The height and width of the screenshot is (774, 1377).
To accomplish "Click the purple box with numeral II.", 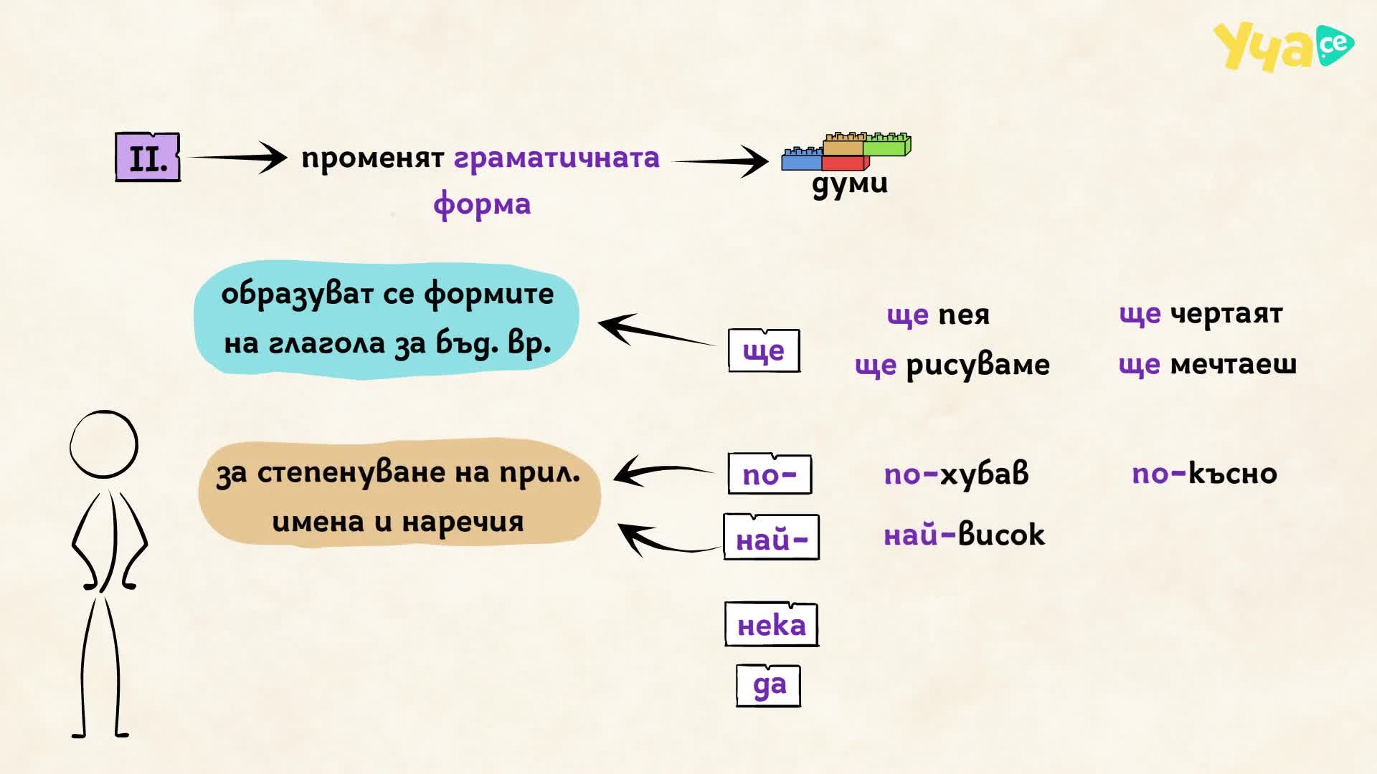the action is (x=148, y=157).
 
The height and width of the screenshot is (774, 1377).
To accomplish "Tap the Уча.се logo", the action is (x=1283, y=47).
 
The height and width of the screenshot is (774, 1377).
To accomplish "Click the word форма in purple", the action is (x=482, y=204).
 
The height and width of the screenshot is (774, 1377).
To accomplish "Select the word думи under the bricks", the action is (x=850, y=183).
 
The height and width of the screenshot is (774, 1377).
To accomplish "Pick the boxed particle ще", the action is (x=764, y=350).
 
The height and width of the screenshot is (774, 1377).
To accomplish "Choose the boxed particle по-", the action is (x=770, y=474).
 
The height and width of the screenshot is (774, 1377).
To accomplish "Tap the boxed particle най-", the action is (x=772, y=537).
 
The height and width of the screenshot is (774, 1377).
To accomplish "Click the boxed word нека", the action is (x=772, y=624).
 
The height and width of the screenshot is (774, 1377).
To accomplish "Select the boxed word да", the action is (x=769, y=685).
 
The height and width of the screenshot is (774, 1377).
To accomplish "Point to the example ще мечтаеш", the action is (x=1208, y=365).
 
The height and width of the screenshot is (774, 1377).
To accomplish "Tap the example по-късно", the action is (x=1205, y=474).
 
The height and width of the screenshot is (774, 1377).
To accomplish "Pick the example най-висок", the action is (x=965, y=535).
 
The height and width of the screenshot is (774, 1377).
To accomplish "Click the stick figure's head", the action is (x=104, y=444).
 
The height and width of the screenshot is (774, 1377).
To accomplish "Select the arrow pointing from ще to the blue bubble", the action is (x=656, y=330).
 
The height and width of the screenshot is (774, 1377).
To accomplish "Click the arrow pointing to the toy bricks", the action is (x=720, y=161).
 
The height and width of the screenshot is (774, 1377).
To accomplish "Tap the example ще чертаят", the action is (x=1201, y=314).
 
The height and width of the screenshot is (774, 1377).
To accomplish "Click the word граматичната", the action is (x=557, y=158).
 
